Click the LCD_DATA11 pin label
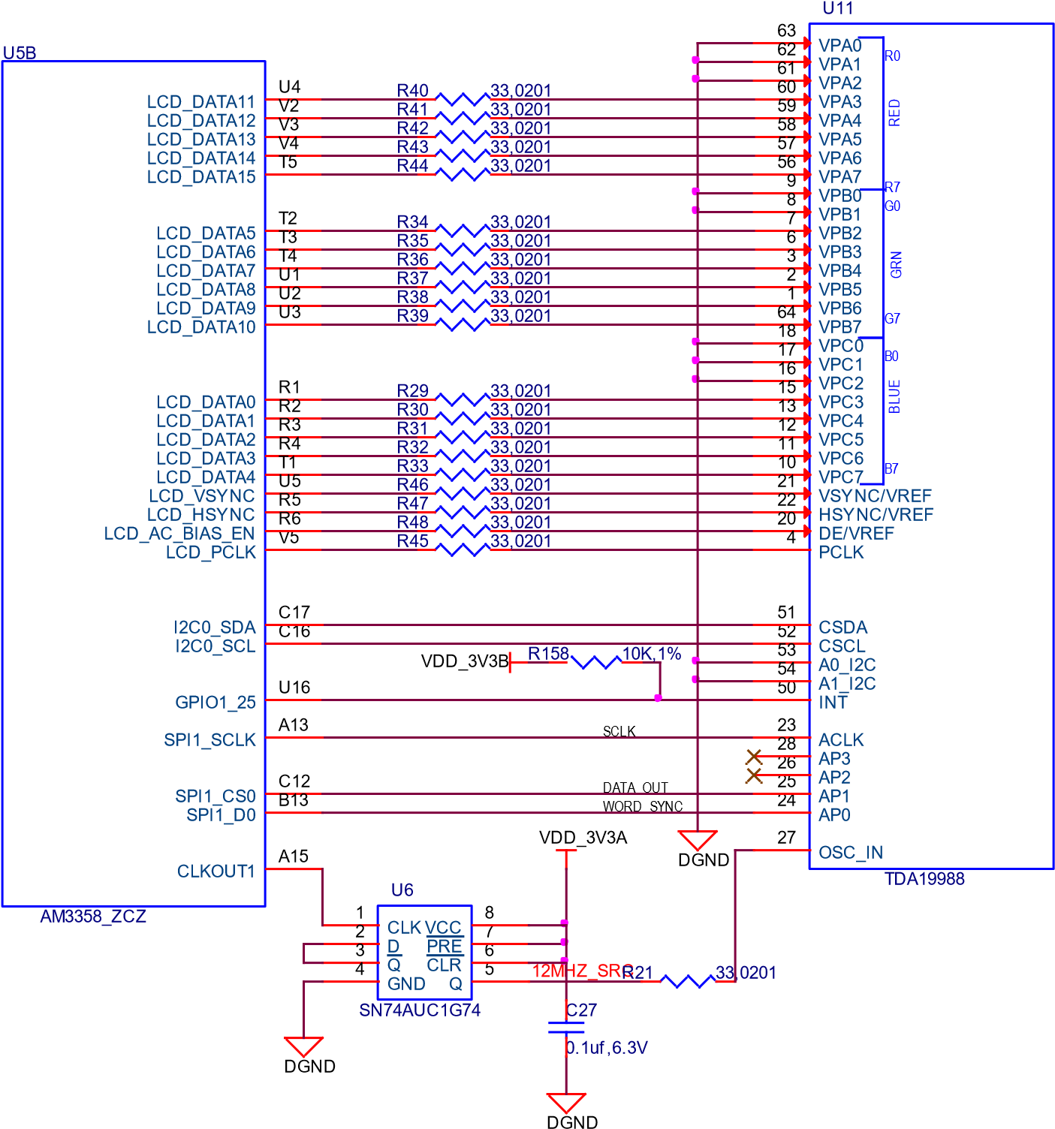pyautogui.click(x=200, y=101)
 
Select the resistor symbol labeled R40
pyautogui.click(x=462, y=99)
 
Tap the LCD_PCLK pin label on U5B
pyautogui.click(x=210, y=552)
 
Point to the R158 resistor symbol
pyautogui.click(x=595, y=663)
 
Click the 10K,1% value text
pyautogui.click(x=652, y=654)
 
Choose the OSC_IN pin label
pyautogui.click(x=851, y=853)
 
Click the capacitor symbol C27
pyautogui.click(x=566, y=1028)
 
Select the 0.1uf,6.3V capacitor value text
pyautogui.click(x=607, y=1048)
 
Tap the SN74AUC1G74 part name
pyautogui.click(x=420, y=1010)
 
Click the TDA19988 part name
pyautogui.click(x=924, y=879)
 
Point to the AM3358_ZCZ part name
pyautogui.click(x=93, y=917)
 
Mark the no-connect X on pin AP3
pyautogui.click(x=754, y=757)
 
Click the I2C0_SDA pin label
pyautogui.click(x=215, y=628)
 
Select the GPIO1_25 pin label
pyautogui.click(x=216, y=703)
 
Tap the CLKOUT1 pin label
pyautogui.click(x=216, y=872)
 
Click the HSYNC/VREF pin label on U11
pyautogui.click(x=876, y=515)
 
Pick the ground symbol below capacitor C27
pyautogui.click(x=566, y=1103)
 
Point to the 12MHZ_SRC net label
pyautogui.click(x=583, y=971)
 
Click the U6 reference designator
pyautogui.click(x=402, y=890)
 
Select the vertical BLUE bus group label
pyautogui.click(x=894, y=396)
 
